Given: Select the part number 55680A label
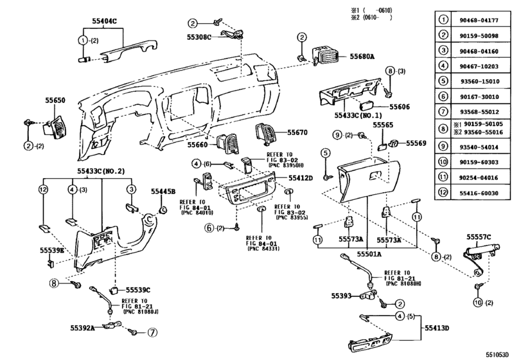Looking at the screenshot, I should point(364,57).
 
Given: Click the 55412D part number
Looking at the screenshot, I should point(301,177).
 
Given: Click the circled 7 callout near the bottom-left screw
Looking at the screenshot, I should point(152,332).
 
